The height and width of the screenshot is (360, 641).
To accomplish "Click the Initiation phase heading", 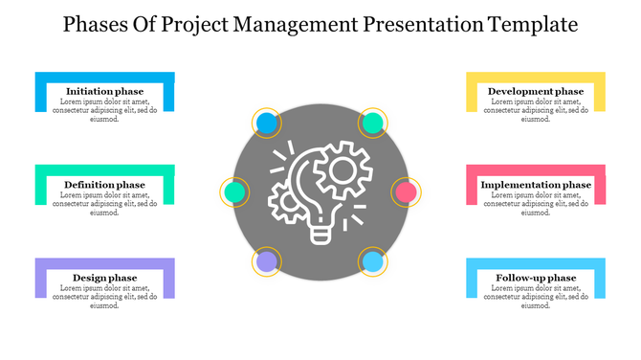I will point(104,91).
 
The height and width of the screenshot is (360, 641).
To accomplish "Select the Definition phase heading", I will point(104,184).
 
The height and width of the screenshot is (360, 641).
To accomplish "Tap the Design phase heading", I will point(104,278).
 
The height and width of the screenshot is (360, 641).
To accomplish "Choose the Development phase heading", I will point(535,91).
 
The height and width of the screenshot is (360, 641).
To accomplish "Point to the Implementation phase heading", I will point(536,184).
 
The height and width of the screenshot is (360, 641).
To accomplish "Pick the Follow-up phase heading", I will point(536,278).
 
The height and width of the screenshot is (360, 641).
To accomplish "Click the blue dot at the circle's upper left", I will point(268,123).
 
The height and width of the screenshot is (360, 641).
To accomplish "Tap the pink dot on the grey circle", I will point(406,191).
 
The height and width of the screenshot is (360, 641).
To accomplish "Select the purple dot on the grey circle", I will point(267,261).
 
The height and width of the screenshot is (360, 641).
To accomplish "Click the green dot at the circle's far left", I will point(234,191).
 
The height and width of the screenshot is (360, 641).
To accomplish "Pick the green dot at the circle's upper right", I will point(373,123).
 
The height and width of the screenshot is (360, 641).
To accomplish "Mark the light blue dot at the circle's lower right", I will point(373,261).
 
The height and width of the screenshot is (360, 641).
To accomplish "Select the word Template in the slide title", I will point(530,23).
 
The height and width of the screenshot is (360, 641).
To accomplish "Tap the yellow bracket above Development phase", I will point(535,77).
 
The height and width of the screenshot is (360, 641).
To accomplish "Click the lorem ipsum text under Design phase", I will point(104,297).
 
